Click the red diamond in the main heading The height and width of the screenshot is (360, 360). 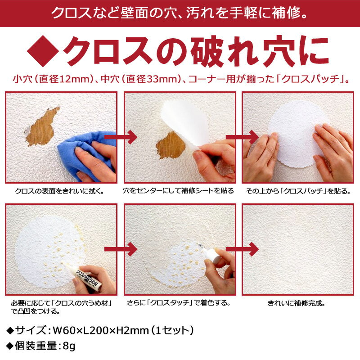coord(43,51)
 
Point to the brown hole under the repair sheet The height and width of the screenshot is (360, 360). coord(171,145)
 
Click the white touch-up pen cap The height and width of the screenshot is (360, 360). coord(212,255)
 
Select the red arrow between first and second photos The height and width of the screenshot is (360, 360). coord(121,137)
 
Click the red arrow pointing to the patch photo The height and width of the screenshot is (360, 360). coord(243,137)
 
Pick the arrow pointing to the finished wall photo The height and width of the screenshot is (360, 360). coord(243,249)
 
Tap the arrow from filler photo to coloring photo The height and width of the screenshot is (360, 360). coord(121,249)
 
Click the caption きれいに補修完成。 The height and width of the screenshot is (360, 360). coord(297,303)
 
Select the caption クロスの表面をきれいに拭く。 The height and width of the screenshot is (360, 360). coord(60,191)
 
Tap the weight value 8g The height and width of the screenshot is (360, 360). coord(69,346)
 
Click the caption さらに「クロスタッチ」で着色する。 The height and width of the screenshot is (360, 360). coord(179,303)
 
